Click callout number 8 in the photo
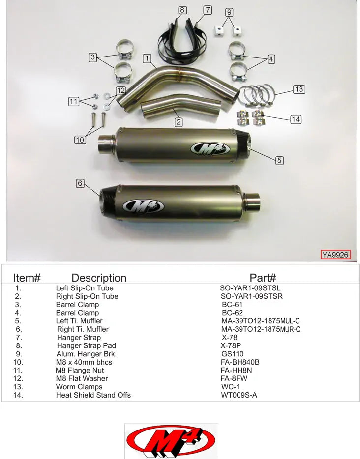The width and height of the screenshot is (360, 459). point(182,10)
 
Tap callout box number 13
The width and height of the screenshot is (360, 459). point(299,89)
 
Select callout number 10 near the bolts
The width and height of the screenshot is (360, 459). point(80,140)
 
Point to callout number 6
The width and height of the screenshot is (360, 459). point(80,183)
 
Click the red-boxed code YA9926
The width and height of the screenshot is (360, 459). point(335,255)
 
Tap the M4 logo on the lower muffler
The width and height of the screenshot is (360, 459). point(144,206)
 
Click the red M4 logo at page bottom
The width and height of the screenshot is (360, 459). point(171,440)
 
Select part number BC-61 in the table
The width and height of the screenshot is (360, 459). point(232,305)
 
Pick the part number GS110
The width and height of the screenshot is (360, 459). point(233,354)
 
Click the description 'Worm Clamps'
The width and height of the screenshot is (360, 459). point(79,387)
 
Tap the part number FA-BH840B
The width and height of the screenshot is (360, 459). point(240,362)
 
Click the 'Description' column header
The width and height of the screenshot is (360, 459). point(99,278)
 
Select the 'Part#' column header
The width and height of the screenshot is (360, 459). point(263,278)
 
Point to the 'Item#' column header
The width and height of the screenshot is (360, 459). point(27,278)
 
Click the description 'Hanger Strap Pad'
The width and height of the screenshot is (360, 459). point(86,345)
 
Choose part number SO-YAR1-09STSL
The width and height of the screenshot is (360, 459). point(250,288)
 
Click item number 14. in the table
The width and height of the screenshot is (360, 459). point(19,395)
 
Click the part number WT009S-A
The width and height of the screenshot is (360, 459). point(239,395)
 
